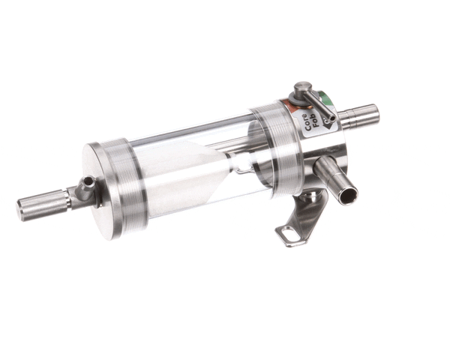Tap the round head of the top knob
pos(301,88)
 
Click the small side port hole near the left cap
pos(88,182)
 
